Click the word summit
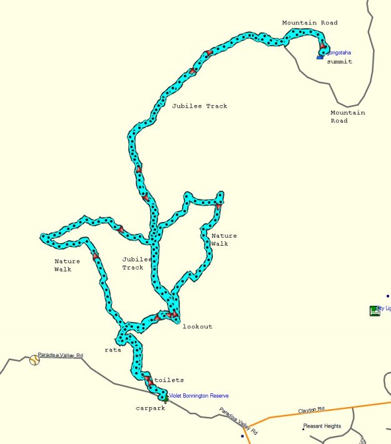pyautogui.click(x=339, y=62)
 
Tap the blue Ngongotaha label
pyautogui.click(x=338, y=53)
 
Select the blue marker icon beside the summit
pyautogui.click(x=320, y=58)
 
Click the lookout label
pyautogui.click(x=197, y=326)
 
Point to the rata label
pyautogui.click(x=113, y=350)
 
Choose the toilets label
pyautogui.click(x=169, y=380)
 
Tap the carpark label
pyautogui.click(x=150, y=408)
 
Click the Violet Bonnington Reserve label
pyautogui.click(x=199, y=396)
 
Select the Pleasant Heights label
pyautogui.click(x=322, y=426)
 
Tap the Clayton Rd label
pyautogui.click(x=311, y=410)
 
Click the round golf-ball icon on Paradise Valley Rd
pyautogui.click(x=34, y=360)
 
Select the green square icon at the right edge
pyautogui.click(x=375, y=311)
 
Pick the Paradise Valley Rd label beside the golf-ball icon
pyautogui.click(x=60, y=355)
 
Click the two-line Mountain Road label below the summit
pyautogui.click(x=347, y=117)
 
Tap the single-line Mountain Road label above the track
pyautogui.click(x=310, y=23)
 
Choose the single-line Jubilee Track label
pyautogui.click(x=200, y=106)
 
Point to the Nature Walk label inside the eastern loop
pyautogui.click(x=224, y=240)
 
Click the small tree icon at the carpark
pyautogui.click(x=165, y=400)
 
